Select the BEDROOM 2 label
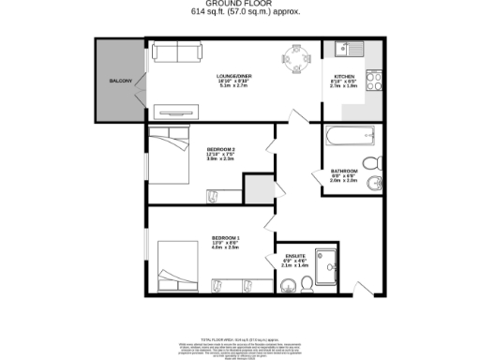click(220, 149)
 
